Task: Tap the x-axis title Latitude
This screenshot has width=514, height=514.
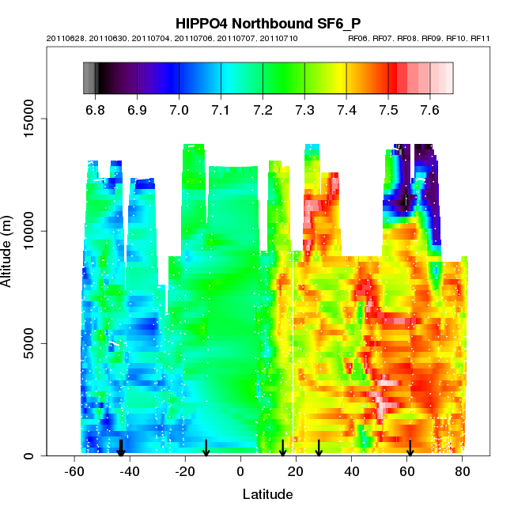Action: point(267,494)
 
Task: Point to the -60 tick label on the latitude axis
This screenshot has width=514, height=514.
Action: point(74,472)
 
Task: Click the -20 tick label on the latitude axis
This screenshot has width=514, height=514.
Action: point(184,472)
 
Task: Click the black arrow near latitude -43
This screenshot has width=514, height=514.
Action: point(121,448)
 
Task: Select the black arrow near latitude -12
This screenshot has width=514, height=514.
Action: point(206,448)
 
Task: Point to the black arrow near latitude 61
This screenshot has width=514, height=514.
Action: point(410,448)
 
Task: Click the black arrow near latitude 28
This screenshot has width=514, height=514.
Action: point(319,448)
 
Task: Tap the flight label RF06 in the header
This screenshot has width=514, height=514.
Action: point(358,38)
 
